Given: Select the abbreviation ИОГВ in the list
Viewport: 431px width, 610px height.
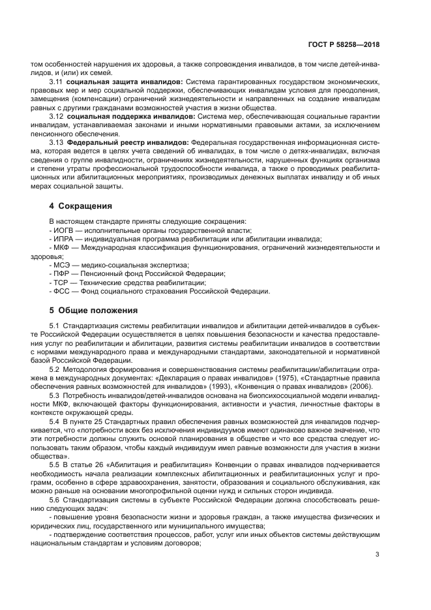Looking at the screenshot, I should (x=63, y=230).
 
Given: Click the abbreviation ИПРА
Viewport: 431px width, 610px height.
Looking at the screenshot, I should (x=64, y=239).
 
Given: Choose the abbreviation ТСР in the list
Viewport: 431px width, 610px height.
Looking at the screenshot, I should (x=62, y=282).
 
